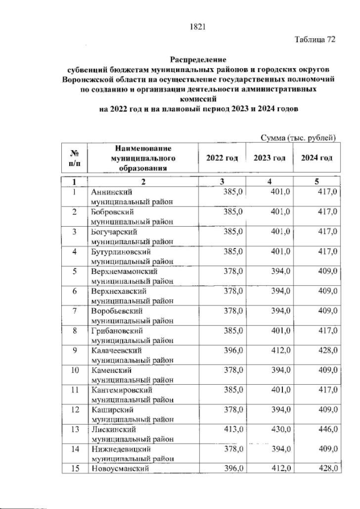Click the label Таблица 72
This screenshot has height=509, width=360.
pos(315,39)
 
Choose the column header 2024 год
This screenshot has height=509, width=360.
pos(317,159)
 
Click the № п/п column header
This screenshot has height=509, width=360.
pos(73,159)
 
